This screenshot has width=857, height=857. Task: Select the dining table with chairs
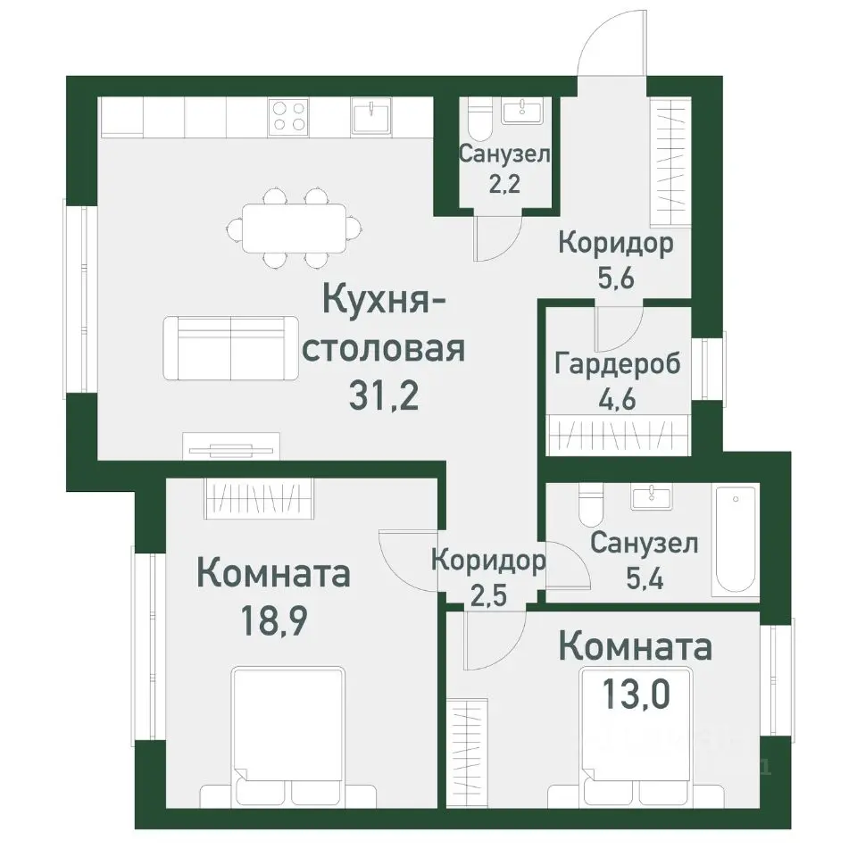tap(293, 228)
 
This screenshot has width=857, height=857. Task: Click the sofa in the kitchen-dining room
tap(231, 347)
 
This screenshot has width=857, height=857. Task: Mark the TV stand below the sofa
tap(231, 446)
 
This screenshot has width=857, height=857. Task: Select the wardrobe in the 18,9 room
tap(259, 496)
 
